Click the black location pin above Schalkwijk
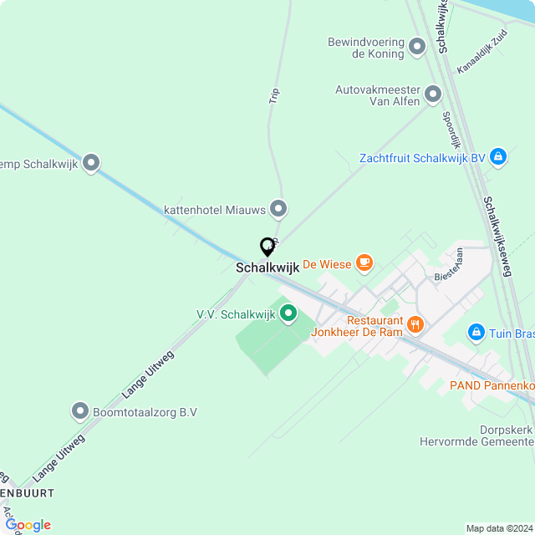click(x=267, y=247)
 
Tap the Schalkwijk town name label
click(x=267, y=268)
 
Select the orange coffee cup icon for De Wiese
click(x=364, y=263)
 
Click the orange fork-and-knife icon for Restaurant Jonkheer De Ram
click(x=415, y=324)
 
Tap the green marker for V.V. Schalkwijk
click(x=288, y=314)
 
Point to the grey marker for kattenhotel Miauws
click(x=279, y=209)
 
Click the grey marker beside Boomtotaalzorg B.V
click(x=80, y=411)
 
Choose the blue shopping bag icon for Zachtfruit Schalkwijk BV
click(x=498, y=157)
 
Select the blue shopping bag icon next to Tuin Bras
click(x=476, y=333)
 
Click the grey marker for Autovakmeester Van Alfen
click(x=433, y=94)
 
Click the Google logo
click(x=28, y=525)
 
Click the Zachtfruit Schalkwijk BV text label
click(x=422, y=158)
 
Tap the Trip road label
click(x=274, y=96)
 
